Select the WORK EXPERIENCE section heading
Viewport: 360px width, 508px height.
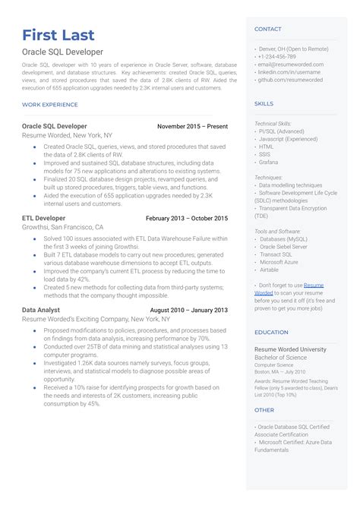[49, 103]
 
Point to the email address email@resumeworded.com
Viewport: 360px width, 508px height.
[291, 65]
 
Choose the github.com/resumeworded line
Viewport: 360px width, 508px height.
[290, 80]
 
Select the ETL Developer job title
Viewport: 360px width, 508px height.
[44, 218]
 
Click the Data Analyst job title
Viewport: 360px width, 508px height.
[40, 310]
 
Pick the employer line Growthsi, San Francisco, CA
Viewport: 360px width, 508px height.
[62, 227]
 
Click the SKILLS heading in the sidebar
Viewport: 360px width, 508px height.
[264, 103]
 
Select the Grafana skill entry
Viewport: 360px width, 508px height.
[268, 162]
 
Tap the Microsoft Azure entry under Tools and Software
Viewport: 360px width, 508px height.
[280, 261]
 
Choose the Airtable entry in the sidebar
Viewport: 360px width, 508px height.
[269, 270]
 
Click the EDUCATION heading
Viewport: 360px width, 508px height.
[271, 332]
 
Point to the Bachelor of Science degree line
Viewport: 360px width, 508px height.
[280, 357]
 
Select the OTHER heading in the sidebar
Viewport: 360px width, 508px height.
[264, 410]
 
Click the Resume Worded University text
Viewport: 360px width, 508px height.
[290, 349]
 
